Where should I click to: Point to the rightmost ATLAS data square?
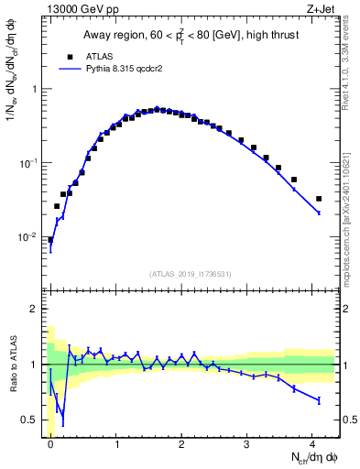[319, 199]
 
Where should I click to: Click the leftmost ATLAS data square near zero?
[50, 240]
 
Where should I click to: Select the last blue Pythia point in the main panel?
[319, 213]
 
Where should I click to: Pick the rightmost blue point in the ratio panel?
[319, 400]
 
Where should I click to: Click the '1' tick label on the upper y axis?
[34, 90]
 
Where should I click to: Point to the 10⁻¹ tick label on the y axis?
[29, 163]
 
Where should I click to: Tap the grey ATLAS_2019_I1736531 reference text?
[189, 274]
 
